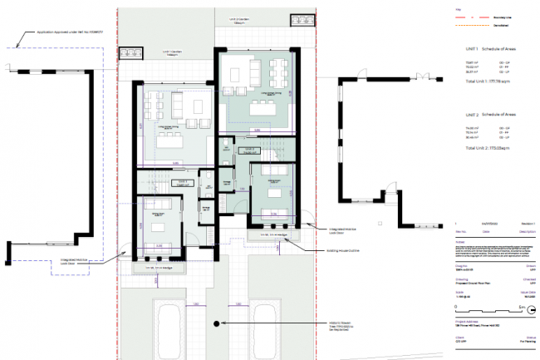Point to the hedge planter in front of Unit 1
coord(160,268)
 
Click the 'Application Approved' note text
coord(51,31)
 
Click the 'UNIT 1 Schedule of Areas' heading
coord(496,50)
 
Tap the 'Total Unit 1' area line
coord(492,83)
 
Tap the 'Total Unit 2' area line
coord(492,146)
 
